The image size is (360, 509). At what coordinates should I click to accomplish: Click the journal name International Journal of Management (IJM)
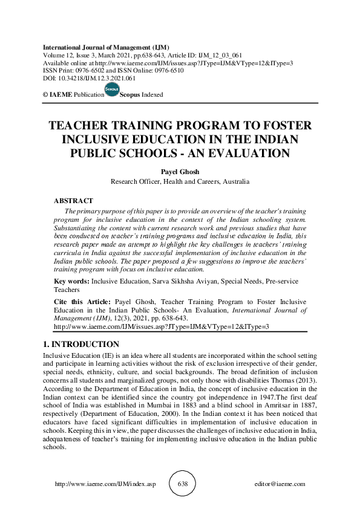[x=106, y=47]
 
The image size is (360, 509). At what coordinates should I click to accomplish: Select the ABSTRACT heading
[x=74, y=200]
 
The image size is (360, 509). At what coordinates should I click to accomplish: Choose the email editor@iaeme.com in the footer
[x=280, y=484]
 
